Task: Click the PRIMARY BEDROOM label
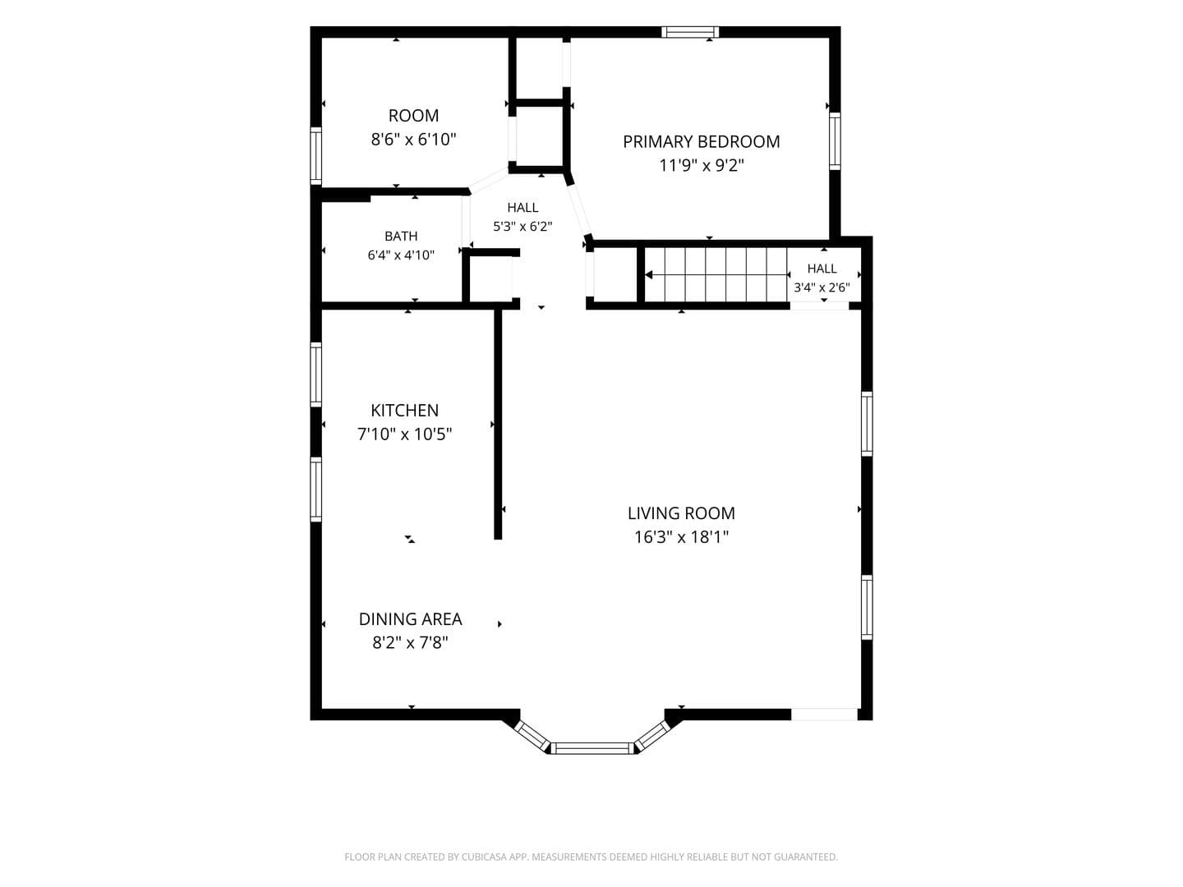(702, 141)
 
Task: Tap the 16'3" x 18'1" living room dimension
(681, 537)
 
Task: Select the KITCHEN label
(405, 411)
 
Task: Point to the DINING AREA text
(410, 618)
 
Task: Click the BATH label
(401, 236)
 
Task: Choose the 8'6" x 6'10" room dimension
(413, 140)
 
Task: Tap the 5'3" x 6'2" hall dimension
(522, 226)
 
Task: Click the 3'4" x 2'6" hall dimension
(822, 287)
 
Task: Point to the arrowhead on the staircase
(649, 275)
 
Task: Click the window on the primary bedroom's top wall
(690, 32)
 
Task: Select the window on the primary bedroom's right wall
(835, 141)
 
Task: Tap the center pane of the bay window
(591, 748)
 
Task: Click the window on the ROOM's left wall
(315, 156)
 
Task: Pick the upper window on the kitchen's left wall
(315, 375)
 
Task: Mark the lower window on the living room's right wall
(867, 608)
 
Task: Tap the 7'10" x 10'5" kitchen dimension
(405, 434)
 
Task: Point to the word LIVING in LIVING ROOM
(649, 513)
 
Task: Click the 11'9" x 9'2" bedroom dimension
(702, 165)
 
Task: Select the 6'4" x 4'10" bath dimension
(401, 255)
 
